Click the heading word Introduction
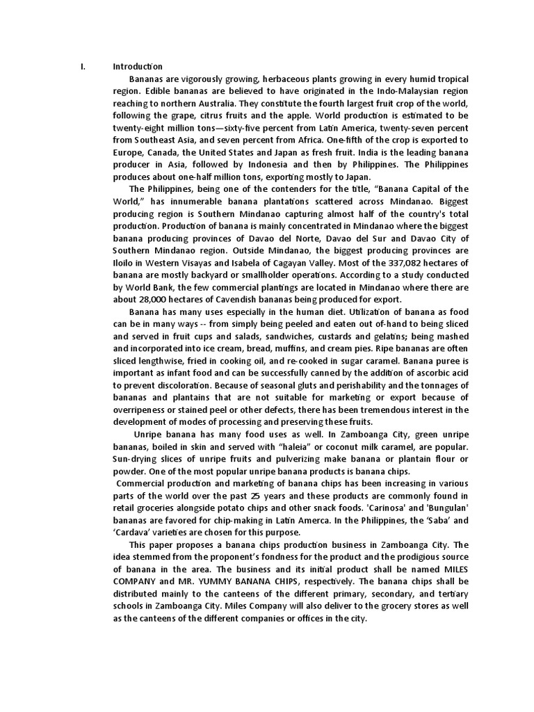(x=138, y=67)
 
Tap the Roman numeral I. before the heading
(x=83, y=67)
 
